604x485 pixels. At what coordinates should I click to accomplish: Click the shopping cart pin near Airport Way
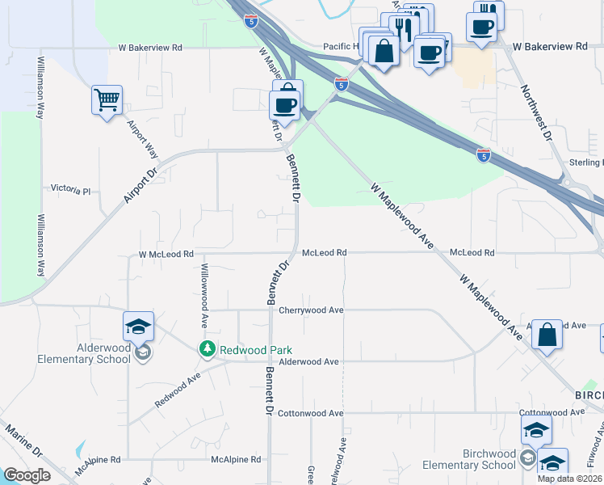107,101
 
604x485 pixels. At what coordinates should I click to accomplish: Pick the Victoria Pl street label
71,191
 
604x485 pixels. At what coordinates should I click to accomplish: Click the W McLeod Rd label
166,254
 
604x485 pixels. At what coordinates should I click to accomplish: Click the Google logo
27,475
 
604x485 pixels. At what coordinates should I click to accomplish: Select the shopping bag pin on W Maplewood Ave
547,335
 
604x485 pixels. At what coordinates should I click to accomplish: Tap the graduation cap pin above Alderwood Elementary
139,327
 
